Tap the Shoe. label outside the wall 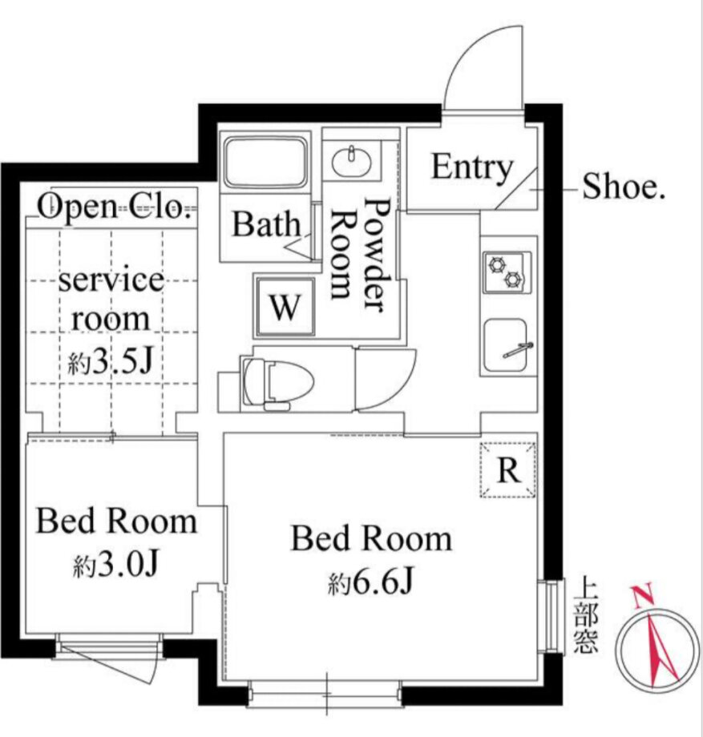(624, 186)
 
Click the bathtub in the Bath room (265, 162)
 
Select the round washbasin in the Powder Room (351, 161)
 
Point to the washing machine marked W (285, 307)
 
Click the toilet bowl (279, 381)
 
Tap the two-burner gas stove (507, 272)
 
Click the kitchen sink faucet (518, 350)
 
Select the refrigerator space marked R (508, 469)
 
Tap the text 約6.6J (371, 583)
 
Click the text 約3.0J (115, 564)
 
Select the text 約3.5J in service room (111, 361)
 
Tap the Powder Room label (359, 254)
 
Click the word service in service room (111, 280)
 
